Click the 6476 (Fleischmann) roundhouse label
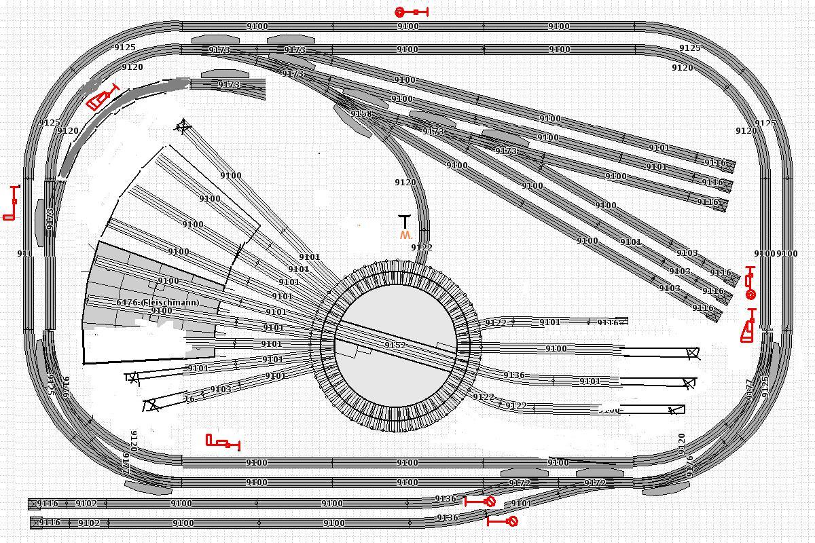[x=158, y=303]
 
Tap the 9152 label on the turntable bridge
[x=395, y=345]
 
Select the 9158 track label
[x=361, y=114]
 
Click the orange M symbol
[x=405, y=235]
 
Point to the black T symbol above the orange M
[x=405, y=221]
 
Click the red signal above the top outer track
[x=412, y=12]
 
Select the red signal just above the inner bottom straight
[x=223, y=443]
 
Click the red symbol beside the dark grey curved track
[x=103, y=97]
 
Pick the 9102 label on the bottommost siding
[x=89, y=523]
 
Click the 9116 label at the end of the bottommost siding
[x=49, y=523]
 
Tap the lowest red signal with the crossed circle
[x=503, y=521]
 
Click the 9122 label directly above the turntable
[x=422, y=248]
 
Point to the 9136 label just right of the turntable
[x=513, y=375]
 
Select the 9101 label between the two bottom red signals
[x=521, y=504]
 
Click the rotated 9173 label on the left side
[x=50, y=219]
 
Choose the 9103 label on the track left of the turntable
[x=220, y=390]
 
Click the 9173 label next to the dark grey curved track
[x=228, y=85]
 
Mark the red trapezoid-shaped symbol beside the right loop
[x=748, y=328]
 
